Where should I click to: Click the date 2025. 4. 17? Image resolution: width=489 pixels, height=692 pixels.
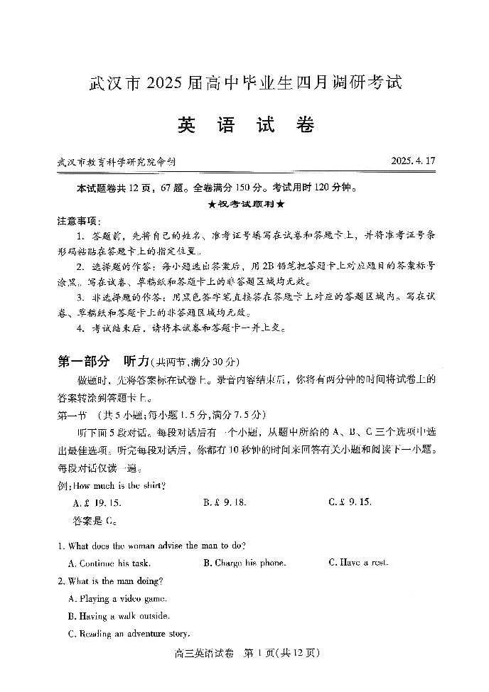click(x=412, y=161)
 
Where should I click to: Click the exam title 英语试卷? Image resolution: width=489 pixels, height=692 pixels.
click(x=245, y=125)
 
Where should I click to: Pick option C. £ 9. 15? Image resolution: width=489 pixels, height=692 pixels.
click(x=350, y=502)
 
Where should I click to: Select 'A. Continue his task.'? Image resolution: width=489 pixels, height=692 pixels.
click(x=108, y=563)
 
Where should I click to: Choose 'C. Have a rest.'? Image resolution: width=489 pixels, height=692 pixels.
click(x=359, y=563)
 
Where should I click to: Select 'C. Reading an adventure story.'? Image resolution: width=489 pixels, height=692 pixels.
click(x=129, y=634)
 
